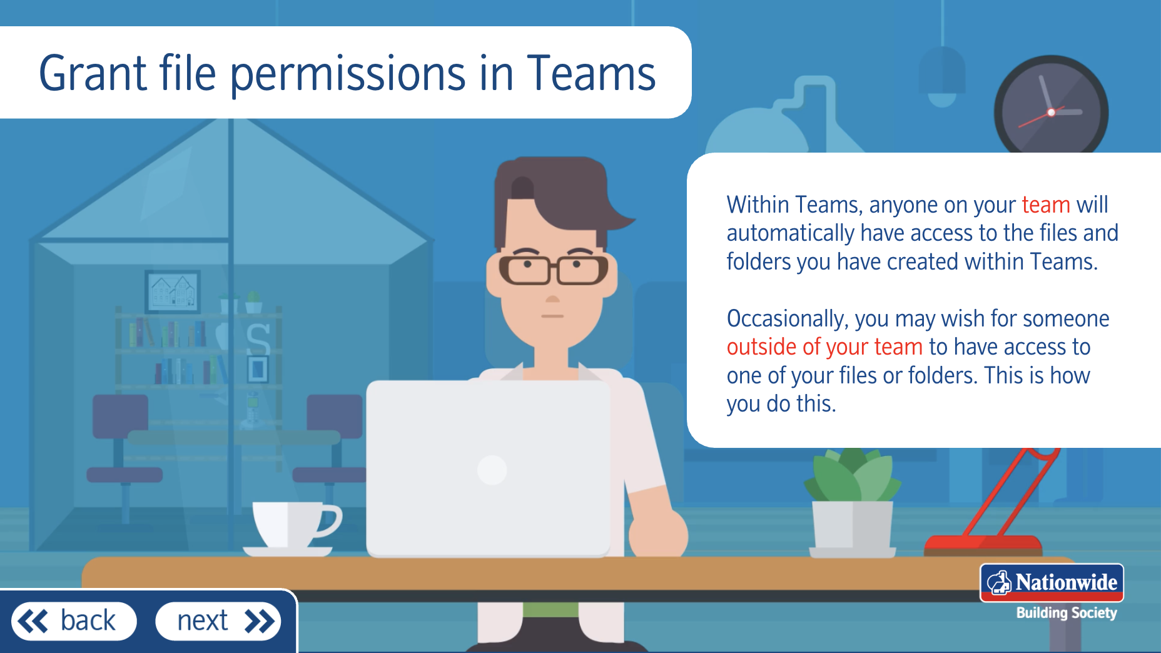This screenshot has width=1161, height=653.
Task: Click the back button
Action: point(74,621)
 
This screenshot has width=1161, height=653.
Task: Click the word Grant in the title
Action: point(93,73)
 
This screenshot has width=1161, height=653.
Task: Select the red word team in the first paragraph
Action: point(1045,205)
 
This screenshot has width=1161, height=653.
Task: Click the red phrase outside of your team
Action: point(824,347)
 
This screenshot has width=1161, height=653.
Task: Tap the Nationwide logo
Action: point(1052,583)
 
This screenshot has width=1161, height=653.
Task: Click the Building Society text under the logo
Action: point(1067,613)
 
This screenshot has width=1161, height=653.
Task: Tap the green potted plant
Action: point(853,503)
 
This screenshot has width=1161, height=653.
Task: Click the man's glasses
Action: point(554,270)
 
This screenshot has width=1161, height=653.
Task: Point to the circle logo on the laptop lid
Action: point(492,470)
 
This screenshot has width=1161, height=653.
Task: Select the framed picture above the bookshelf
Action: point(173,291)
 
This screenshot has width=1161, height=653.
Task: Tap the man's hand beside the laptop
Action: point(658,533)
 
